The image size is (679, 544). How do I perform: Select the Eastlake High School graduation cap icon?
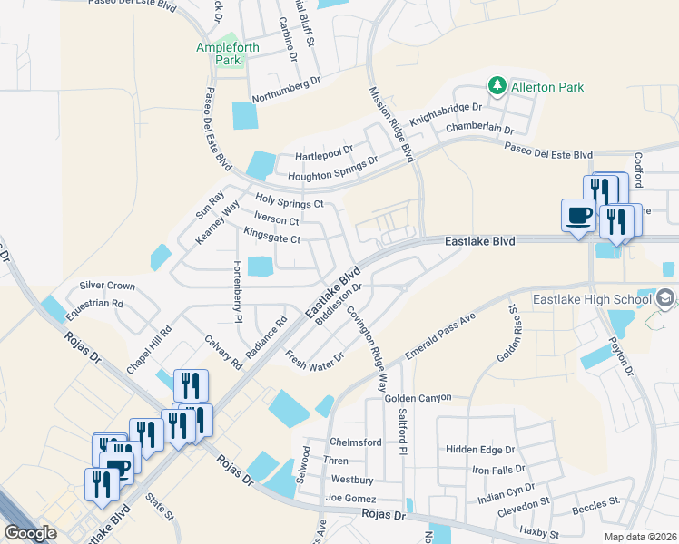click(x=665, y=298)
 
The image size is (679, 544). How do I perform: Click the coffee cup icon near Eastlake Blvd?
click(x=578, y=216)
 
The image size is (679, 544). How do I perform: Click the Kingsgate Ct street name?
click(x=271, y=238)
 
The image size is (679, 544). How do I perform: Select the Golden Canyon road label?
click(x=417, y=398)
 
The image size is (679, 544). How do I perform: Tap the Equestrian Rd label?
click(x=93, y=304)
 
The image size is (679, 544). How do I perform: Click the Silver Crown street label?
click(x=107, y=286)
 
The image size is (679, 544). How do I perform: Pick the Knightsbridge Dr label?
click(x=445, y=113)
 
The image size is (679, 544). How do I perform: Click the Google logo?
click(x=31, y=533)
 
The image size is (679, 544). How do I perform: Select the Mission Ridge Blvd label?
click(x=391, y=123)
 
